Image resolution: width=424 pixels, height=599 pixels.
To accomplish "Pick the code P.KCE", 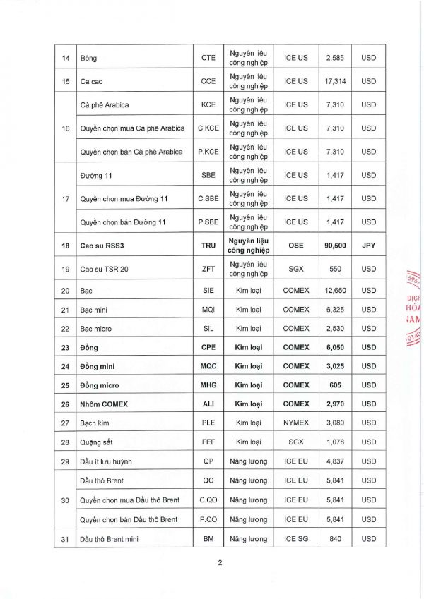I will coord(208,152).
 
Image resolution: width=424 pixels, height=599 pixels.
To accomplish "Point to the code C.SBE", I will coord(208,198).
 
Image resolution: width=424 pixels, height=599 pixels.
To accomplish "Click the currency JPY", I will coord(368,245).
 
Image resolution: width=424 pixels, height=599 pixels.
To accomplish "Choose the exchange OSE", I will coord(296,245).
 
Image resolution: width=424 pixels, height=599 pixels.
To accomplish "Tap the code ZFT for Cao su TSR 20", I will coord(208,268).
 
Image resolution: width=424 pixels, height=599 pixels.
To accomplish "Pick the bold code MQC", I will coord(208,366).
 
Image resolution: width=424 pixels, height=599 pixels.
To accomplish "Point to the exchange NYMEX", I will coord(296,423).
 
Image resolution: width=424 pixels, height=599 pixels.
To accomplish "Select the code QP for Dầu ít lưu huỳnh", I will coord(208,461).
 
